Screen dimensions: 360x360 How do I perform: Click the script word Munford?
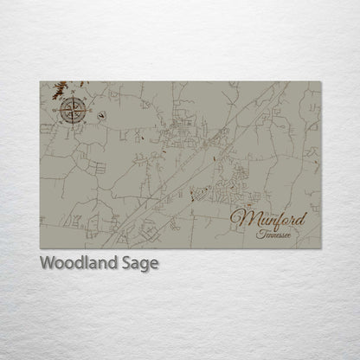point(275,216)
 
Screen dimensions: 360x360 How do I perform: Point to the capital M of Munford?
point(243,216)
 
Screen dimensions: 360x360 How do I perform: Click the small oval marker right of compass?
point(103,113)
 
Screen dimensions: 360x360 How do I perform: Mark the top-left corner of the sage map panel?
point(40,80)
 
